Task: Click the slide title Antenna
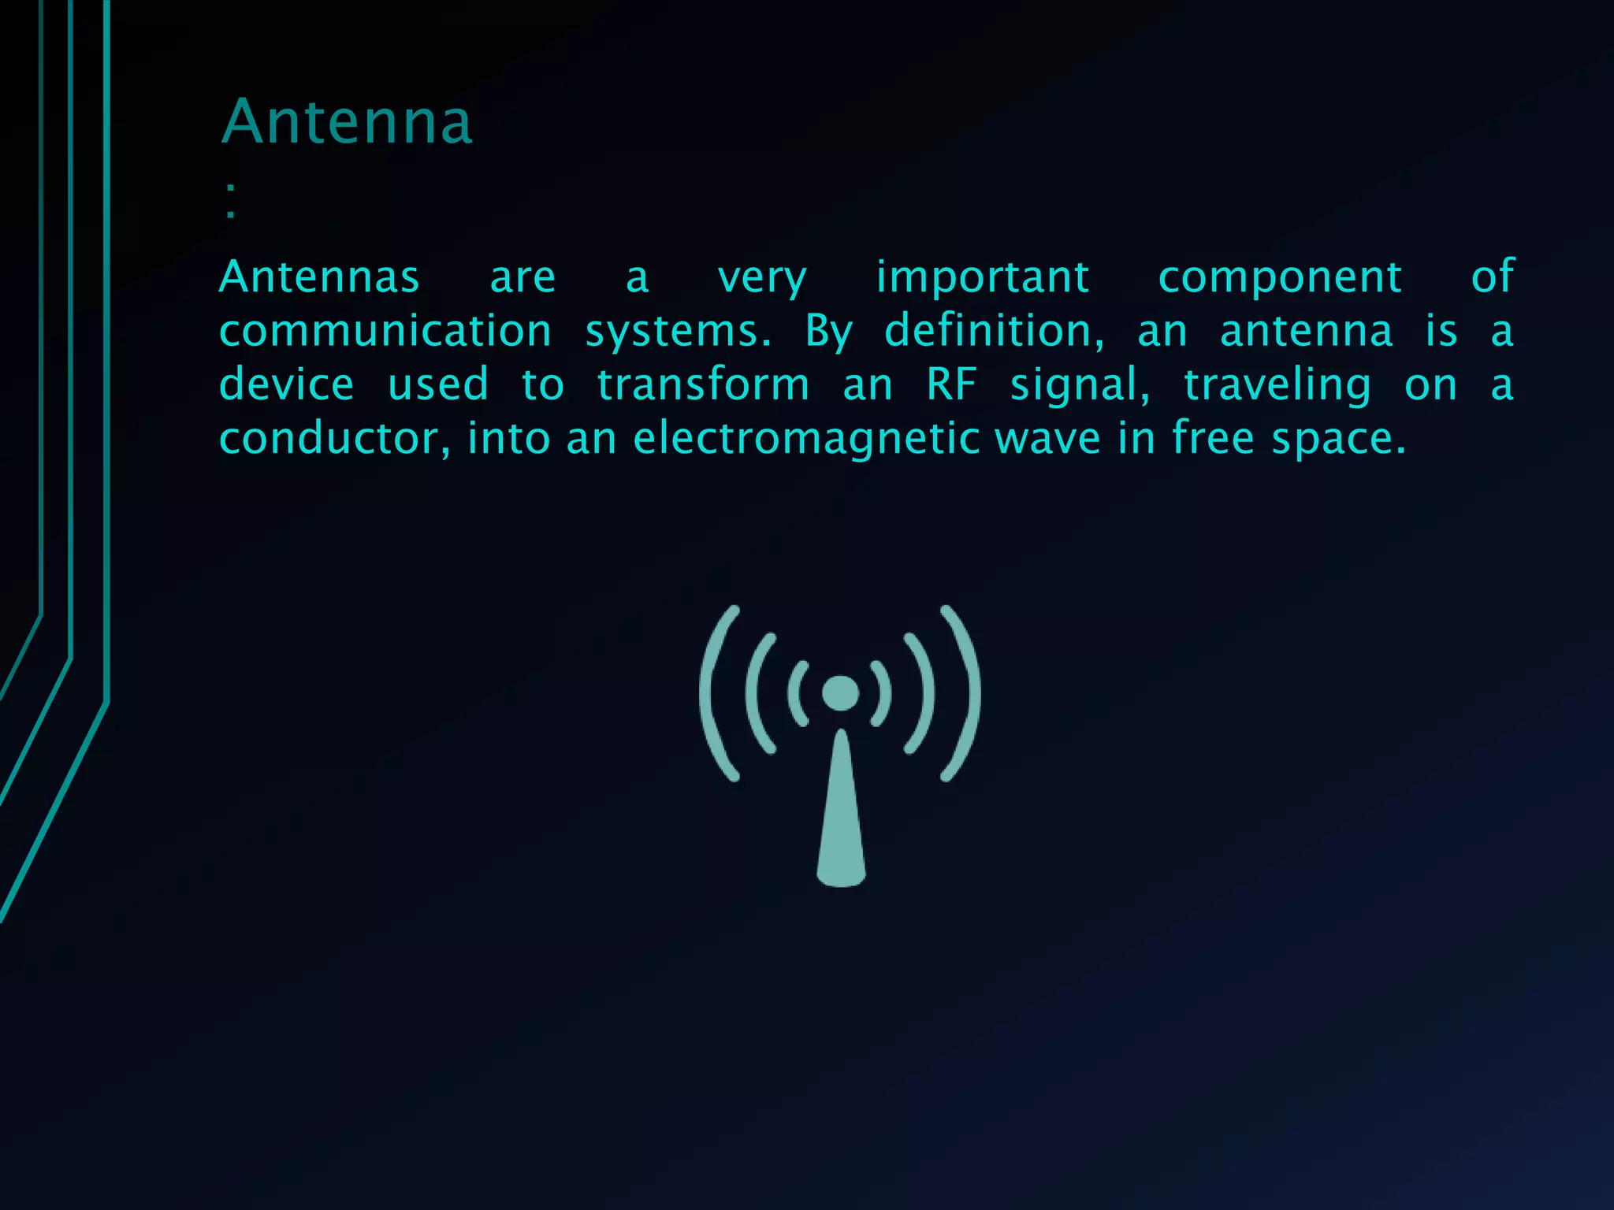click(x=347, y=122)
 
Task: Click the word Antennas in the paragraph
click(x=319, y=277)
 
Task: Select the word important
click(x=983, y=277)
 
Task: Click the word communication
click(x=385, y=331)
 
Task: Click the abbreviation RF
click(x=951, y=385)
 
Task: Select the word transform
click(x=703, y=385)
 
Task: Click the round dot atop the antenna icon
click(x=840, y=693)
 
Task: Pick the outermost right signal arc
click(x=969, y=693)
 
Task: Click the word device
click(x=286, y=385)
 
